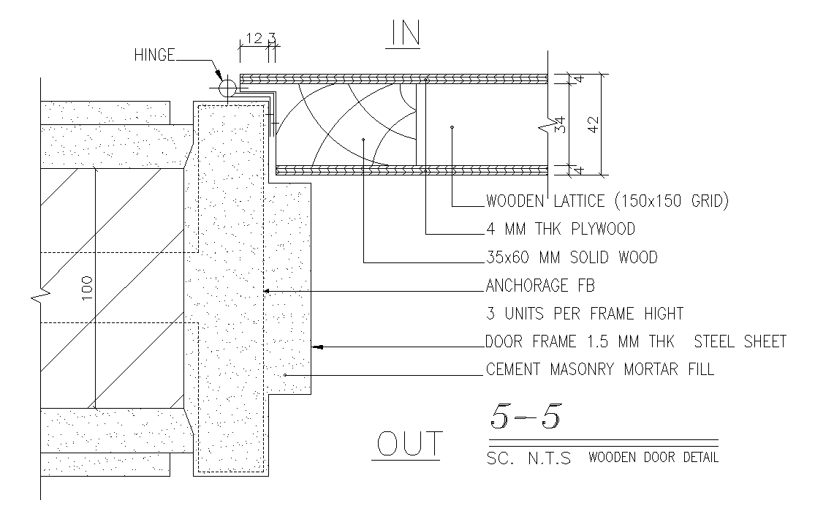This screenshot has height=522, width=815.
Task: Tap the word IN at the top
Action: coord(405,35)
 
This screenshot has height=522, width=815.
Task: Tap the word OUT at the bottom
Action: coord(409,444)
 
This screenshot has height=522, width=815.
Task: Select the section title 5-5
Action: coord(525,416)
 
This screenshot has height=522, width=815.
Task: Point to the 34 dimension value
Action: coord(560,125)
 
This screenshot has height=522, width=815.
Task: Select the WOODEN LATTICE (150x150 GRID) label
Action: coord(607,201)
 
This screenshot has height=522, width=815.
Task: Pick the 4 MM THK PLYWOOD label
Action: coord(560,229)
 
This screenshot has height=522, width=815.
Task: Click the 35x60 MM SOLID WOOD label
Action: coord(571,257)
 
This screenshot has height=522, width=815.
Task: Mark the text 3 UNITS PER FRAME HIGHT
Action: coord(584,314)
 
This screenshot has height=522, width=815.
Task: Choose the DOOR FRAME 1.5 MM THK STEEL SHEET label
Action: coord(635,341)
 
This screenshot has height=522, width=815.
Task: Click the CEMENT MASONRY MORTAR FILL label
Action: coord(599,369)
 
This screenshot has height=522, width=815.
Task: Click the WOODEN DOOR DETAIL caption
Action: coord(653,458)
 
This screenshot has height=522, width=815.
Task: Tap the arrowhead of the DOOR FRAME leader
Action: coord(318,347)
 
